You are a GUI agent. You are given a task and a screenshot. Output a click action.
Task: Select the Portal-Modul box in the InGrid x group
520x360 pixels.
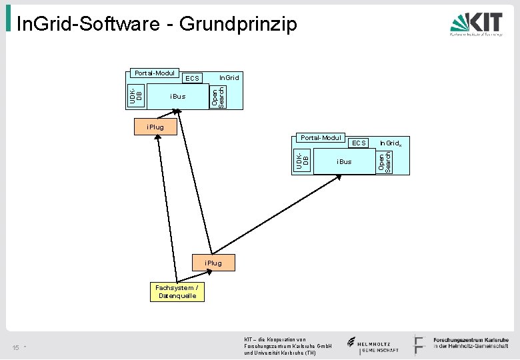pos(321,138)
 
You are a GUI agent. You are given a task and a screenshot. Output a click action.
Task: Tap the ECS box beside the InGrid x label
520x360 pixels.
pos(359,143)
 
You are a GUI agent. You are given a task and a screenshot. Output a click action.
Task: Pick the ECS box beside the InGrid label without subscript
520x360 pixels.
pos(192,79)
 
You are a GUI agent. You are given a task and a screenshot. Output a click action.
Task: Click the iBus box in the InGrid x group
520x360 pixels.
pos(344,162)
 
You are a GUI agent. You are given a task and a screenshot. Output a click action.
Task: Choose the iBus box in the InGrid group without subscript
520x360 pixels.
pos(177,97)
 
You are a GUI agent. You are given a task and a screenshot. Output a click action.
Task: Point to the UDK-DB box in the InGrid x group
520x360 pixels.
pos(303,159)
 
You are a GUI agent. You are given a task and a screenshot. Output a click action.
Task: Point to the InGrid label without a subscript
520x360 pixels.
pos(229,78)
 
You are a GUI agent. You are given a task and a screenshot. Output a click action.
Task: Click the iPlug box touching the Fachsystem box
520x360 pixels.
pos(213,263)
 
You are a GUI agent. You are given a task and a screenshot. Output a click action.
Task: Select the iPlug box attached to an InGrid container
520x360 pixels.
pos(155,126)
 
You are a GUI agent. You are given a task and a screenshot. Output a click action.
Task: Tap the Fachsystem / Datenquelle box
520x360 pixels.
pos(177,291)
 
